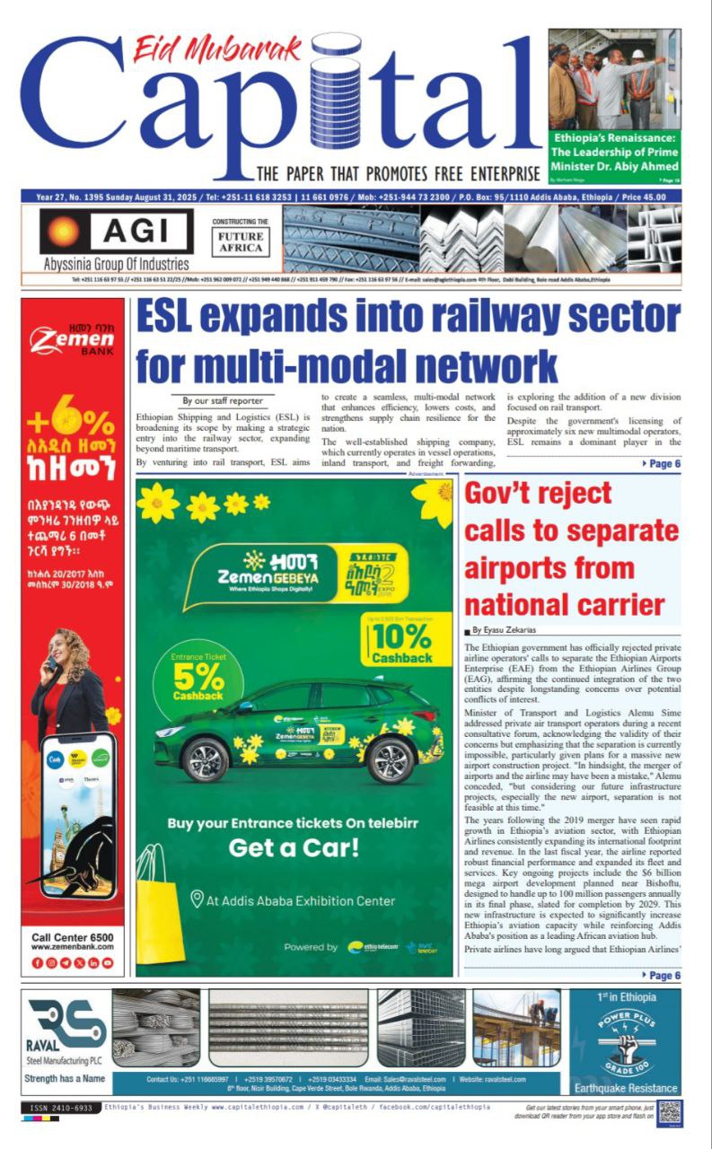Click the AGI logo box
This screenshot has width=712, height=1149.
coord(116,232)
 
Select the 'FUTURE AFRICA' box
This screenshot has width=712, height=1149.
coord(240,241)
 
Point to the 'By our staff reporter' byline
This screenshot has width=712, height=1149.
coord(224,401)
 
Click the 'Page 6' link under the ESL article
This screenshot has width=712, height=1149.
coord(663,463)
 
